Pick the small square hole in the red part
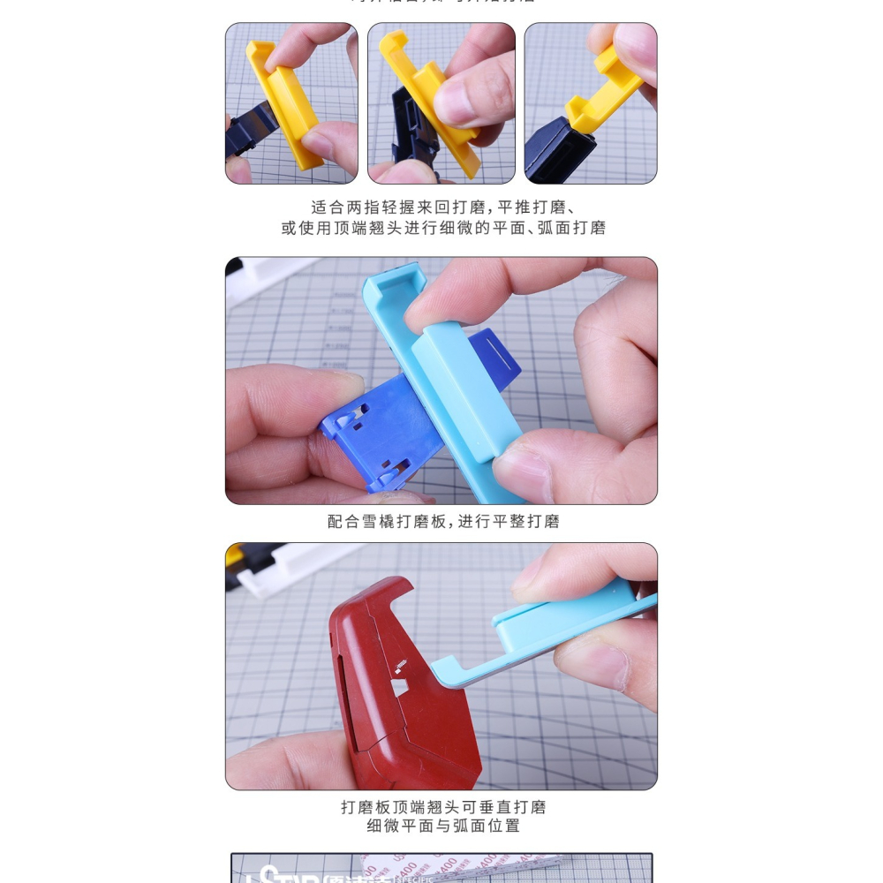(399, 686)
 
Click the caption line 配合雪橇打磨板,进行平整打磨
(443, 522)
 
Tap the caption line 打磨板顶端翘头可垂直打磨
(443, 807)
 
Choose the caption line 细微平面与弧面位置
(443, 826)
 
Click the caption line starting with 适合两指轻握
(443, 208)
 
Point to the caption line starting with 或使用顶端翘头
(443, 228)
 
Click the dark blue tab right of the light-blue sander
(494, 353)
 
